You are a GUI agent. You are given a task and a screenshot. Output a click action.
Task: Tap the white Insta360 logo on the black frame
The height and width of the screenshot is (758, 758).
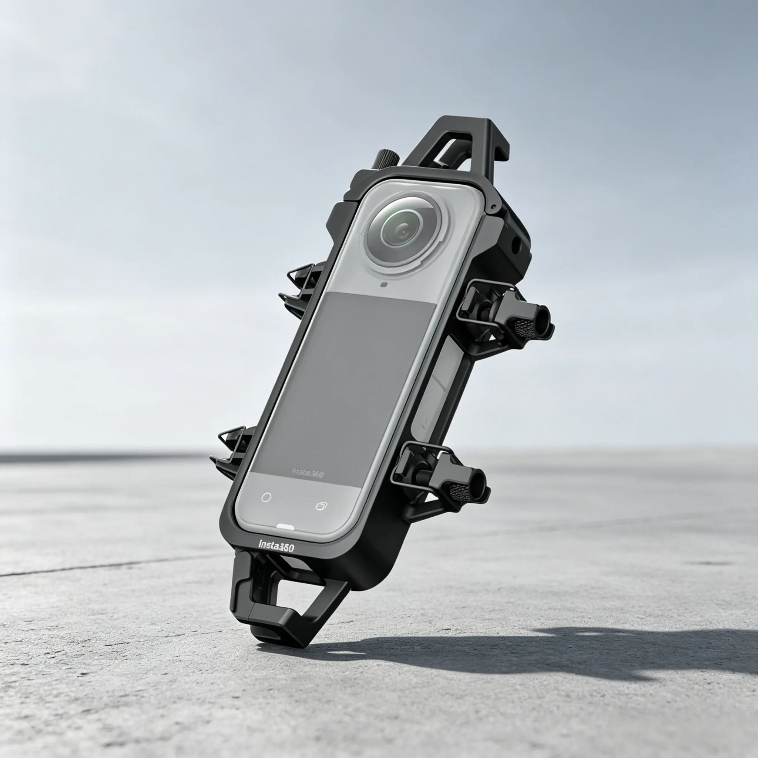[x=276, y=546]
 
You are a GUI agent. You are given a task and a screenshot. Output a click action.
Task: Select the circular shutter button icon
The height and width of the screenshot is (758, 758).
[x=266, y=497]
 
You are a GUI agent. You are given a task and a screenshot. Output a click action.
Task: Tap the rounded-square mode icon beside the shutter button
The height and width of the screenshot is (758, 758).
[x=321, y=506]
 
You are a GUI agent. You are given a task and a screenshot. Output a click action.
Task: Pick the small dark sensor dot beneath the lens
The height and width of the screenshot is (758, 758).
[x=384, y=285]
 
